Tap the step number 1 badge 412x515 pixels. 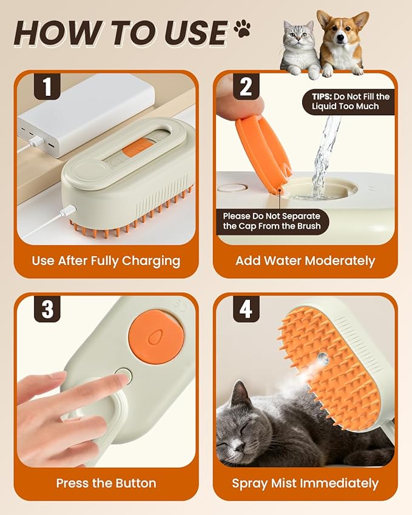pos(47,87)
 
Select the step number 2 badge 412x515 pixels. pos(246,87)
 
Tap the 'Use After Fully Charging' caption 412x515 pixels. pos(106,261)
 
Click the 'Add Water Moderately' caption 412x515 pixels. pos(305,261)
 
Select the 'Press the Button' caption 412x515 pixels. pos(106,483)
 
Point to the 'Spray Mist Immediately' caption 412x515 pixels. pos(305,483)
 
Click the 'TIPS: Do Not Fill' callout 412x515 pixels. pos(348,101)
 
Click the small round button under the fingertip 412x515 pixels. pos(123,376)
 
